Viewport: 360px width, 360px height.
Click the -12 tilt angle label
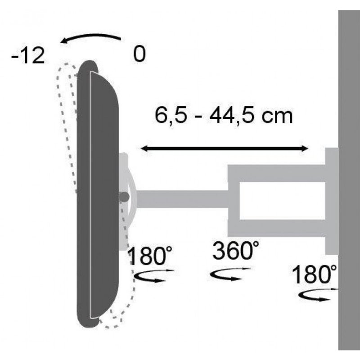click(28, 57)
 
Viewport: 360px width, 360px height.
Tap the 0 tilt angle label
click(139, 55)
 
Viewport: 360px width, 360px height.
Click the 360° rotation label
click(235, 251)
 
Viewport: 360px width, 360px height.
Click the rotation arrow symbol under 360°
click(230, 274)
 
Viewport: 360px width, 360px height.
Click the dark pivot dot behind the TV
click(125, 197)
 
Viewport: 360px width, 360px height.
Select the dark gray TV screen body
click(97, 193)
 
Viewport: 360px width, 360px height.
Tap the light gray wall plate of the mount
click(332, 200)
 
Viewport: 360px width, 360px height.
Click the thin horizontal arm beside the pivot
click(180, 198)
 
